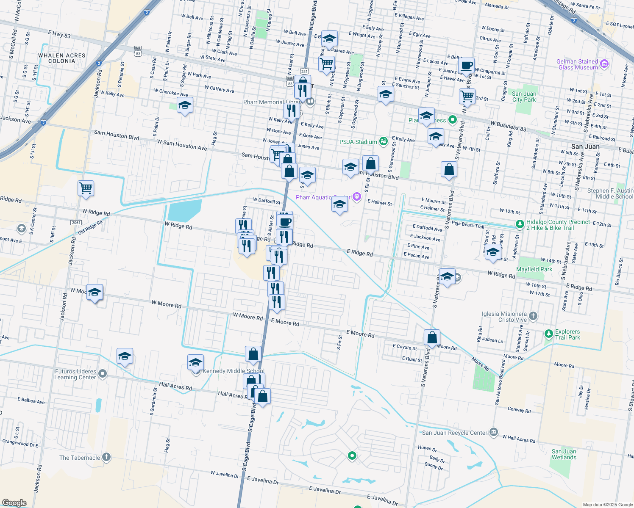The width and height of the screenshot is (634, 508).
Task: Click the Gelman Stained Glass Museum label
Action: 577,64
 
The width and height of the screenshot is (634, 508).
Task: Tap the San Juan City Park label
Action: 524,97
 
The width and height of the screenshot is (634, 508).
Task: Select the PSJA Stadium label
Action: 358,142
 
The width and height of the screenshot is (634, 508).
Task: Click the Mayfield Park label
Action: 534,269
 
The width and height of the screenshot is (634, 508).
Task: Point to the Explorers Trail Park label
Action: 567,334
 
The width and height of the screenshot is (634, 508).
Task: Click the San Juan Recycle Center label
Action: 454,433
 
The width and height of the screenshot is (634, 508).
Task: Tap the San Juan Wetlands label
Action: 564,454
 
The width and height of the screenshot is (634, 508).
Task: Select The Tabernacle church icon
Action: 106,457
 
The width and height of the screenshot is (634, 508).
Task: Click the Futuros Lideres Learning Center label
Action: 75,374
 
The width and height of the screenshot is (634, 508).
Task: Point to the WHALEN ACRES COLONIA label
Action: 62,58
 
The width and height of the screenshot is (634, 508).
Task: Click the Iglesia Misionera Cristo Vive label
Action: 504,317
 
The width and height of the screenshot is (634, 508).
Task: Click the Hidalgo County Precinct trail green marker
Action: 520,224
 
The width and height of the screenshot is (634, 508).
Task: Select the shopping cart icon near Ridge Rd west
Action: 86,188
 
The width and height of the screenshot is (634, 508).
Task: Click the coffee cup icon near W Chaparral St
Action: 467,66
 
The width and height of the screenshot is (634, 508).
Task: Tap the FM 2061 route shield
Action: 76,223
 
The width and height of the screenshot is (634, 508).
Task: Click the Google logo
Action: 14,503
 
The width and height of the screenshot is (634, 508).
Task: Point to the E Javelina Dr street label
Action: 325,490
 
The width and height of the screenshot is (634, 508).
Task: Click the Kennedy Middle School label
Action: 234,371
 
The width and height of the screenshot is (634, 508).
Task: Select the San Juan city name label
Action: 585,146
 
